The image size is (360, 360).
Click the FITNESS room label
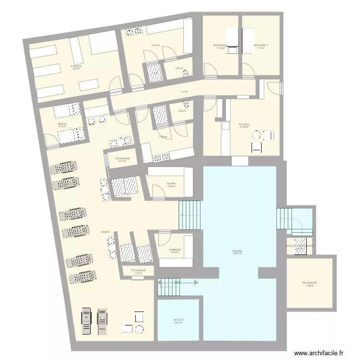point(76,66)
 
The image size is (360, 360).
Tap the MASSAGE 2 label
point(261,45)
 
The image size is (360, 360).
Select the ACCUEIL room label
point(244,124)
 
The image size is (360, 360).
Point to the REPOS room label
point(62,124)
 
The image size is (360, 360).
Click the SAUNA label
point(171,183)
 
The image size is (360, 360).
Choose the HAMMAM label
point(175,250)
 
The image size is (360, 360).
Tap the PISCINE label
point(237,251)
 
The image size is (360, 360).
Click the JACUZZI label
point(179,320)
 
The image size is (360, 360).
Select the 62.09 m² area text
point(106,232)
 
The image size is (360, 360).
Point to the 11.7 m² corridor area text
point(184,92)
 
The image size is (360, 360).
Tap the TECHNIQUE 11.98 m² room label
point(309,283)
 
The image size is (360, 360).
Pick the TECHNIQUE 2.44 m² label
point(122,158)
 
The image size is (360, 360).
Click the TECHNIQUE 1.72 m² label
point(137,271)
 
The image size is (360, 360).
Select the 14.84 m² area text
point(155,46)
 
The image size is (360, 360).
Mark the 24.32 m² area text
point(244,127)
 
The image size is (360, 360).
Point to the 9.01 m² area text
point(179,323)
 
